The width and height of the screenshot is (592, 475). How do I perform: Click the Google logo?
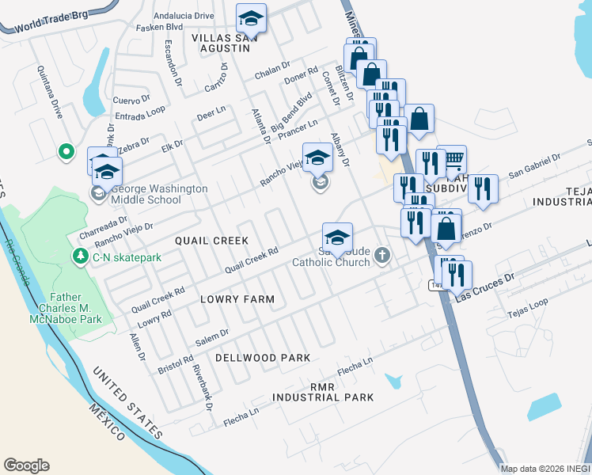tap(26, 465)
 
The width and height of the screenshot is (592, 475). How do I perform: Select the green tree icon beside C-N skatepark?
tap(80, 256)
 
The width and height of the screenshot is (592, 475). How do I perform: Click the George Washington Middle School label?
tap(158, 194)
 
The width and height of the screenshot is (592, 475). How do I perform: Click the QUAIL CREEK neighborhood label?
tap(212, 240)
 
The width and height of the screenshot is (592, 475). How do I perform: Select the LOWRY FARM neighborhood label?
tap(237, 299)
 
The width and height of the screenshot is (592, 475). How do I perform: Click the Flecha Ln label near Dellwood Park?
tap(355, 365)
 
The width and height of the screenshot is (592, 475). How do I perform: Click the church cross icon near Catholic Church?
tap(383, 255)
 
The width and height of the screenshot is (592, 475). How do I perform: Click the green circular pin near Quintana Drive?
tap(66, 150)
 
